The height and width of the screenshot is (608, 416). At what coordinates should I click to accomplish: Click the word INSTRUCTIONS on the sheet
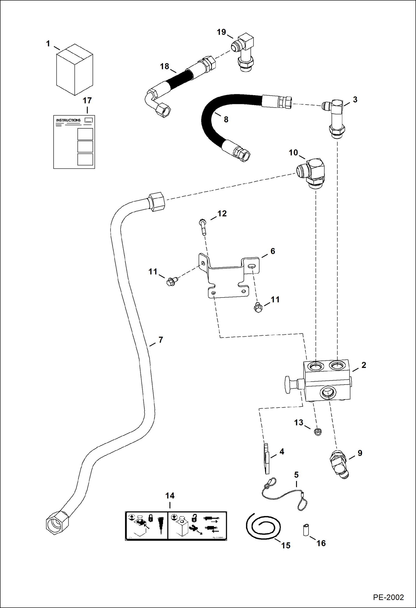68,120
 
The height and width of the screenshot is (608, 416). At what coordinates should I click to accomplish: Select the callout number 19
221,32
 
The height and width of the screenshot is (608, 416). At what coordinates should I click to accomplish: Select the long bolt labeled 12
202,227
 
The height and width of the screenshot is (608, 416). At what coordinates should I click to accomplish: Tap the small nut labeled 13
318,432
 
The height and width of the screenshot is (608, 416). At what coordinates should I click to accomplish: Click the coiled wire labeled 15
262,527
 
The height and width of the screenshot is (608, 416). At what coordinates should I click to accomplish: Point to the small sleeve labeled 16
306,530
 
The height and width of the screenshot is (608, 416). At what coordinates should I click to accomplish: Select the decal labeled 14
176,526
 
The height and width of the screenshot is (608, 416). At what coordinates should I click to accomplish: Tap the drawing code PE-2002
388,597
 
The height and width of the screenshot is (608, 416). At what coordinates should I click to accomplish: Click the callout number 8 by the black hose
226,119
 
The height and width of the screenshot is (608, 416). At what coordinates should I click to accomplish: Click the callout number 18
164,67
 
